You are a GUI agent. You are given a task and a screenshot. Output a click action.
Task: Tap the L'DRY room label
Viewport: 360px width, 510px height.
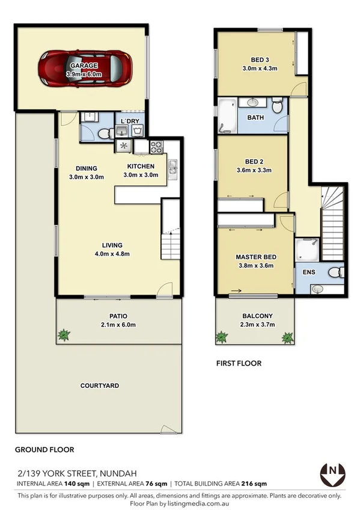coord(130,122)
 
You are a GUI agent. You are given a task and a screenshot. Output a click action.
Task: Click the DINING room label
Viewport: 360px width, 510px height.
coord(87,168)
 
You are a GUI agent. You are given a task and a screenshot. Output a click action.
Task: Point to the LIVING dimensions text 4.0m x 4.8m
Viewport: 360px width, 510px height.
coord(112,254)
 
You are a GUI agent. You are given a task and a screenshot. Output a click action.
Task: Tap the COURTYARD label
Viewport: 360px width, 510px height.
coord(100,386)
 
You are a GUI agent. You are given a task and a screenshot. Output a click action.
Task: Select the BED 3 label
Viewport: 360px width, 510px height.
coord(260,59)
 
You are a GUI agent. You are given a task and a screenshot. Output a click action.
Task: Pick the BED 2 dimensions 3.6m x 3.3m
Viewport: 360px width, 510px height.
coord(254,170)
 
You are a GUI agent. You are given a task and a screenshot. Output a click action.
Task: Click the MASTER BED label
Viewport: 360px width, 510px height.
coord(254,257)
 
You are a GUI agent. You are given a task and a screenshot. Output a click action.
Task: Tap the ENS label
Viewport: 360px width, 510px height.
coord(309,272)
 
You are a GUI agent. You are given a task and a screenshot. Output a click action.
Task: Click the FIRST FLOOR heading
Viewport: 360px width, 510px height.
coord(239,364)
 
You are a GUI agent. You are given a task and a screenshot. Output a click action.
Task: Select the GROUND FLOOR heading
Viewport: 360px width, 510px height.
coord(44,449)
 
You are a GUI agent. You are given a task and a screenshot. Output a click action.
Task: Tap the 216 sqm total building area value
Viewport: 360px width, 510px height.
coord(255,484)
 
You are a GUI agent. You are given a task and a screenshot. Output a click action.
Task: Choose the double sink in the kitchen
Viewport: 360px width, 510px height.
coord(172,168)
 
